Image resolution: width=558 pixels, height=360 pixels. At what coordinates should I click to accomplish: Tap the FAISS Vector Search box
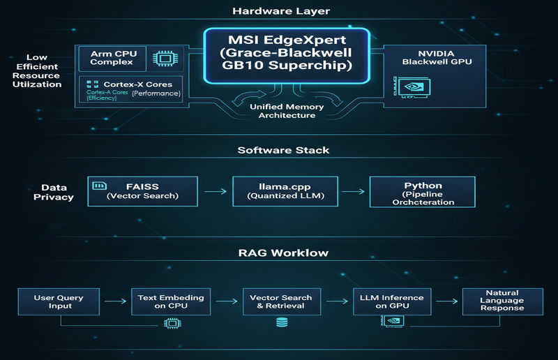tap(143, 190)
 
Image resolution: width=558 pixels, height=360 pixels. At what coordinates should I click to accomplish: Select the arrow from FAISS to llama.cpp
tap(215, 190)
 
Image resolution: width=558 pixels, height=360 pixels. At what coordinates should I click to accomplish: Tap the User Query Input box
tap(59, 302)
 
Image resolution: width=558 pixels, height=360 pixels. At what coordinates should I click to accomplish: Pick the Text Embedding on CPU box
tap(171, 302)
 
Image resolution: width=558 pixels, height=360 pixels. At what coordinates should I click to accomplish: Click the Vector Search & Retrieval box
tap(281, 302)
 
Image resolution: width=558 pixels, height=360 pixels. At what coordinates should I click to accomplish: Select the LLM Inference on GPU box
tap(392, 302)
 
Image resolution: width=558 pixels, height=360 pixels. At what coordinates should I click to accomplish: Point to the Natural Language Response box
tap(503, 302)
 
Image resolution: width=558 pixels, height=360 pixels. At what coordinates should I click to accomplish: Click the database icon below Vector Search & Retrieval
tap(282, 323)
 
